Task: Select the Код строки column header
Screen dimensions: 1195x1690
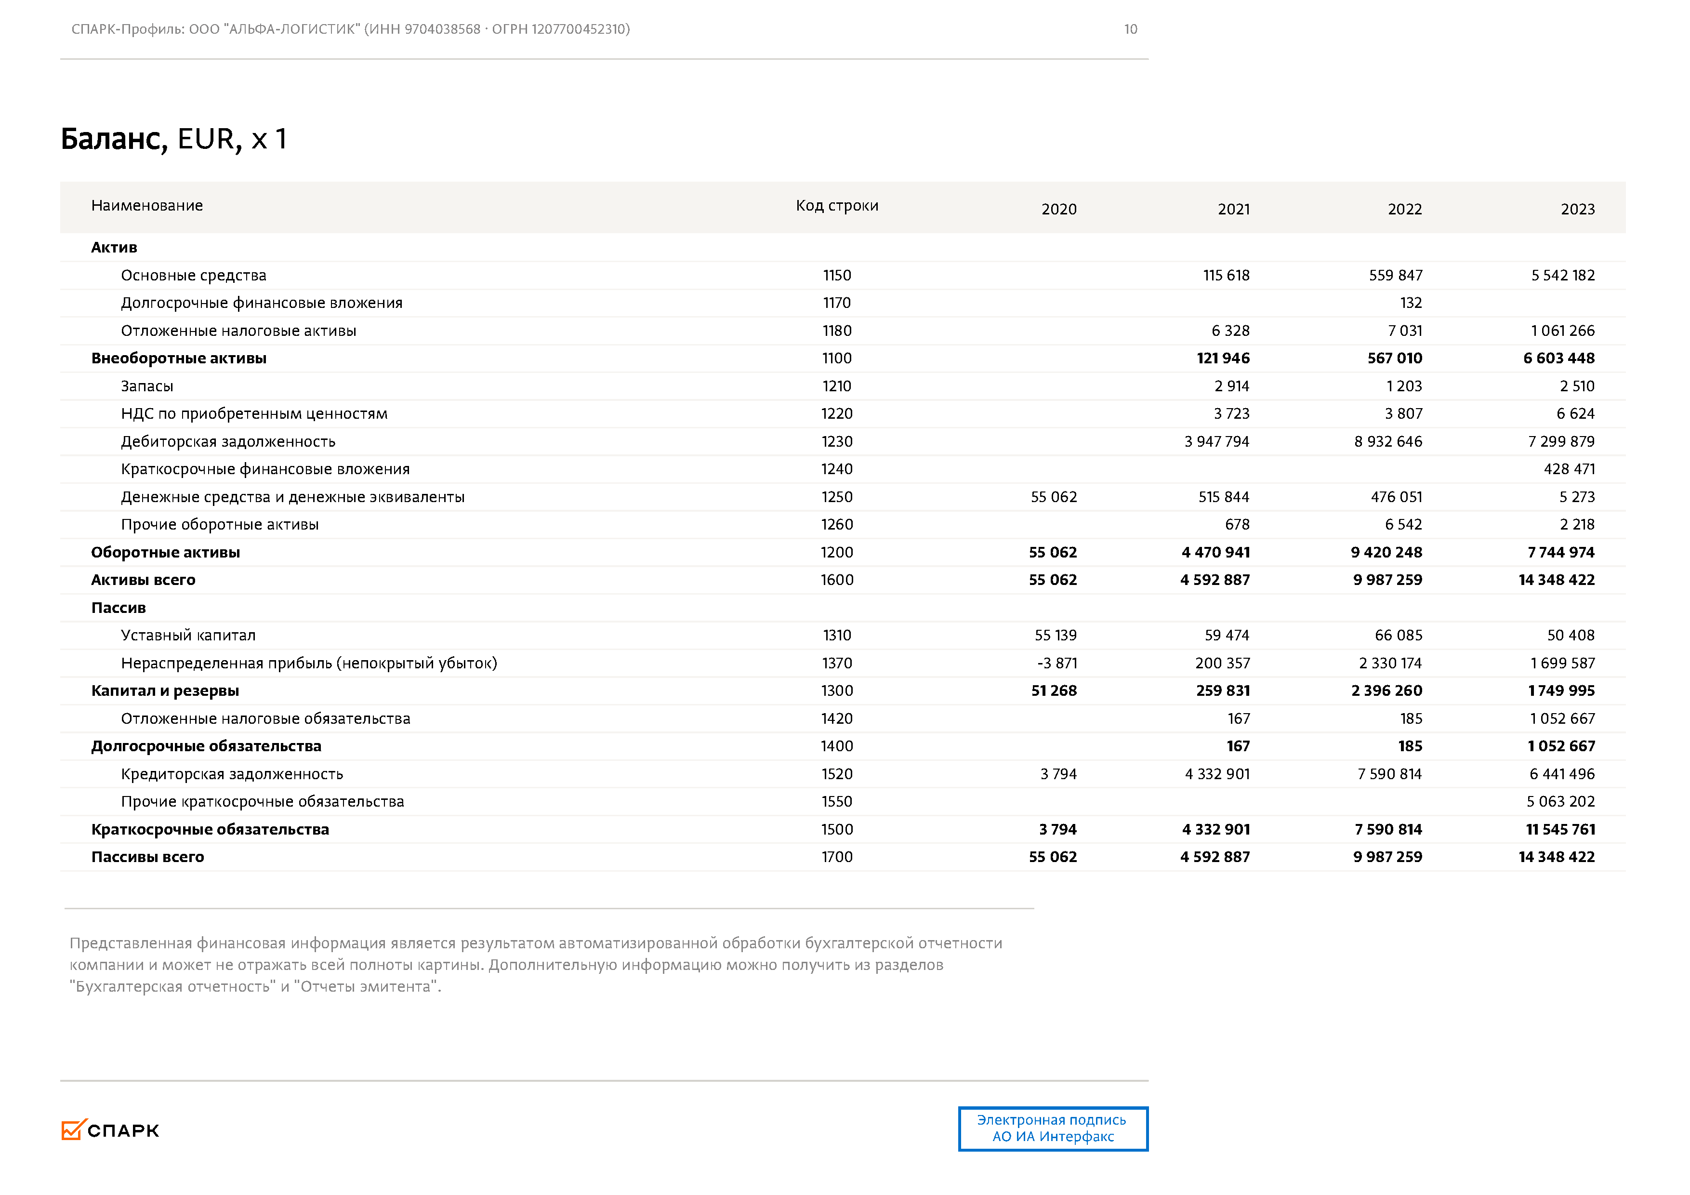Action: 837,205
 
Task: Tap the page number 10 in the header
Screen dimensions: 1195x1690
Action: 1130,29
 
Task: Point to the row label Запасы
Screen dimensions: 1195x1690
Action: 147,386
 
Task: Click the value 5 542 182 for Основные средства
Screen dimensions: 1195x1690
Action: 1563,275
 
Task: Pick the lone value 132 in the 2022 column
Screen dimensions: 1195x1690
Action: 1410,303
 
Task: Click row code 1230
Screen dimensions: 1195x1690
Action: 837,441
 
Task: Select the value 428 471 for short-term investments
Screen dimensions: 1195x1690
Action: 1569,469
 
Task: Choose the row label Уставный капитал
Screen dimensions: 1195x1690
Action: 188,635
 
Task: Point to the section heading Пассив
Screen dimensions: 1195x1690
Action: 119,608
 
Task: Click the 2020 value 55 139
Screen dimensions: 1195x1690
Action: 1056,635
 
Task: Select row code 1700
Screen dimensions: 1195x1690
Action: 837,856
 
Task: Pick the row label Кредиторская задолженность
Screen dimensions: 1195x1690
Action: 232,774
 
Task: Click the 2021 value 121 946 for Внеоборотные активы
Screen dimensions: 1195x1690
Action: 1223,358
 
